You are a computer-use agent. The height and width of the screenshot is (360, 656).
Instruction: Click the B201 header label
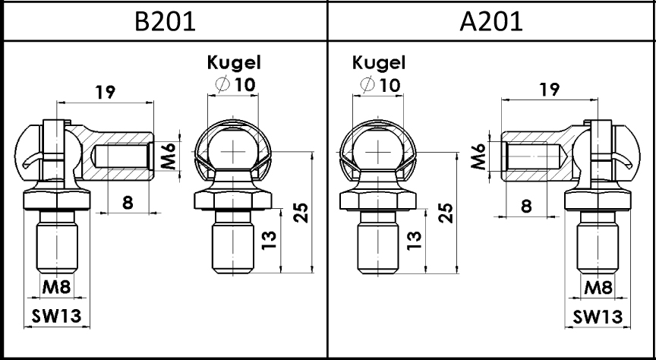coord(165,22)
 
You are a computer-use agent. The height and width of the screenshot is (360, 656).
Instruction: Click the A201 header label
coord(491,22)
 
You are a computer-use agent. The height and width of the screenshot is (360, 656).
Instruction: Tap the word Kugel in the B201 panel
coord(234,63)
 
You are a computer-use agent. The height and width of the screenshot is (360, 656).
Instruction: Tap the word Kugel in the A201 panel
coord(379,63)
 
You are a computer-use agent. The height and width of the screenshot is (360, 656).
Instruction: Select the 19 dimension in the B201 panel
coord(105,92)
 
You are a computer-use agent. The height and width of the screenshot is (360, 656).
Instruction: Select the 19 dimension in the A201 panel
coord(549,89)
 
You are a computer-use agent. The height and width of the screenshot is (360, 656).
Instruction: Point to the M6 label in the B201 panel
coord(169,155)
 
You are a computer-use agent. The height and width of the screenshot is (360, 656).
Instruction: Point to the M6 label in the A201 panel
coord(478,156)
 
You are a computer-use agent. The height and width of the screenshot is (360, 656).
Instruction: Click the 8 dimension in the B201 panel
coord(128,203)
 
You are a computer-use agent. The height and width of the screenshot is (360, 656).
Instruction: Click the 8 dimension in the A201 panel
coord(526,206)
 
